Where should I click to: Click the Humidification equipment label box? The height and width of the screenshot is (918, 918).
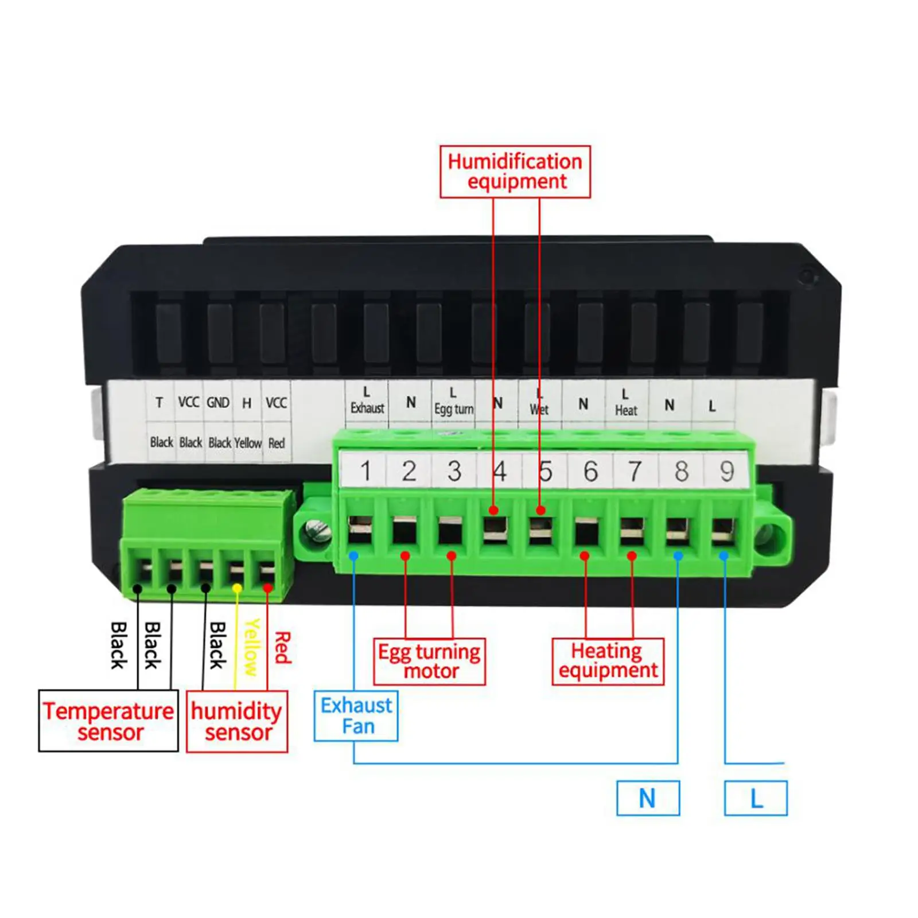click(515, 172)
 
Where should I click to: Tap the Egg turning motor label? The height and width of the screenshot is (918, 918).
click(429, 662)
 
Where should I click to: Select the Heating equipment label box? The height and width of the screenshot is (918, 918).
click(608, 661)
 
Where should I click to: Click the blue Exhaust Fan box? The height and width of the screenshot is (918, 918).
click(356, 715)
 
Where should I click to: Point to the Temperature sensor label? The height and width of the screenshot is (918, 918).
click(108, 721)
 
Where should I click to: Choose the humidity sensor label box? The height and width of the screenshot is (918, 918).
click(237, 721)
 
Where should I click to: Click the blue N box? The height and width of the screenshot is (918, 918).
click(648, 798)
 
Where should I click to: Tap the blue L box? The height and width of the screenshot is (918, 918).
click(756, 798)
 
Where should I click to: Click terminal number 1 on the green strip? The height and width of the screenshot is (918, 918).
click(365, 471)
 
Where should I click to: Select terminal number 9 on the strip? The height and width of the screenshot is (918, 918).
click(727, 471)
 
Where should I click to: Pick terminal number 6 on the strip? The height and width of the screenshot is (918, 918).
click(590, 471)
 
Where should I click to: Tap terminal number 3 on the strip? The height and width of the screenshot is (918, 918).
click(454, 471)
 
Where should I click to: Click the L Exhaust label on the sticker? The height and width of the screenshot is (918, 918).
click(367, 401)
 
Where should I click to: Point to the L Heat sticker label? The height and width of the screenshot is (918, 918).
click(626, 403)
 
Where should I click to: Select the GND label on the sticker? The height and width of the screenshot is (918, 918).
click(218, 403)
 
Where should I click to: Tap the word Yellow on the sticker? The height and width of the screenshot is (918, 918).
click(248, 443)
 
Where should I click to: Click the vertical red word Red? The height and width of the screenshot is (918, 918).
click(282, 648)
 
